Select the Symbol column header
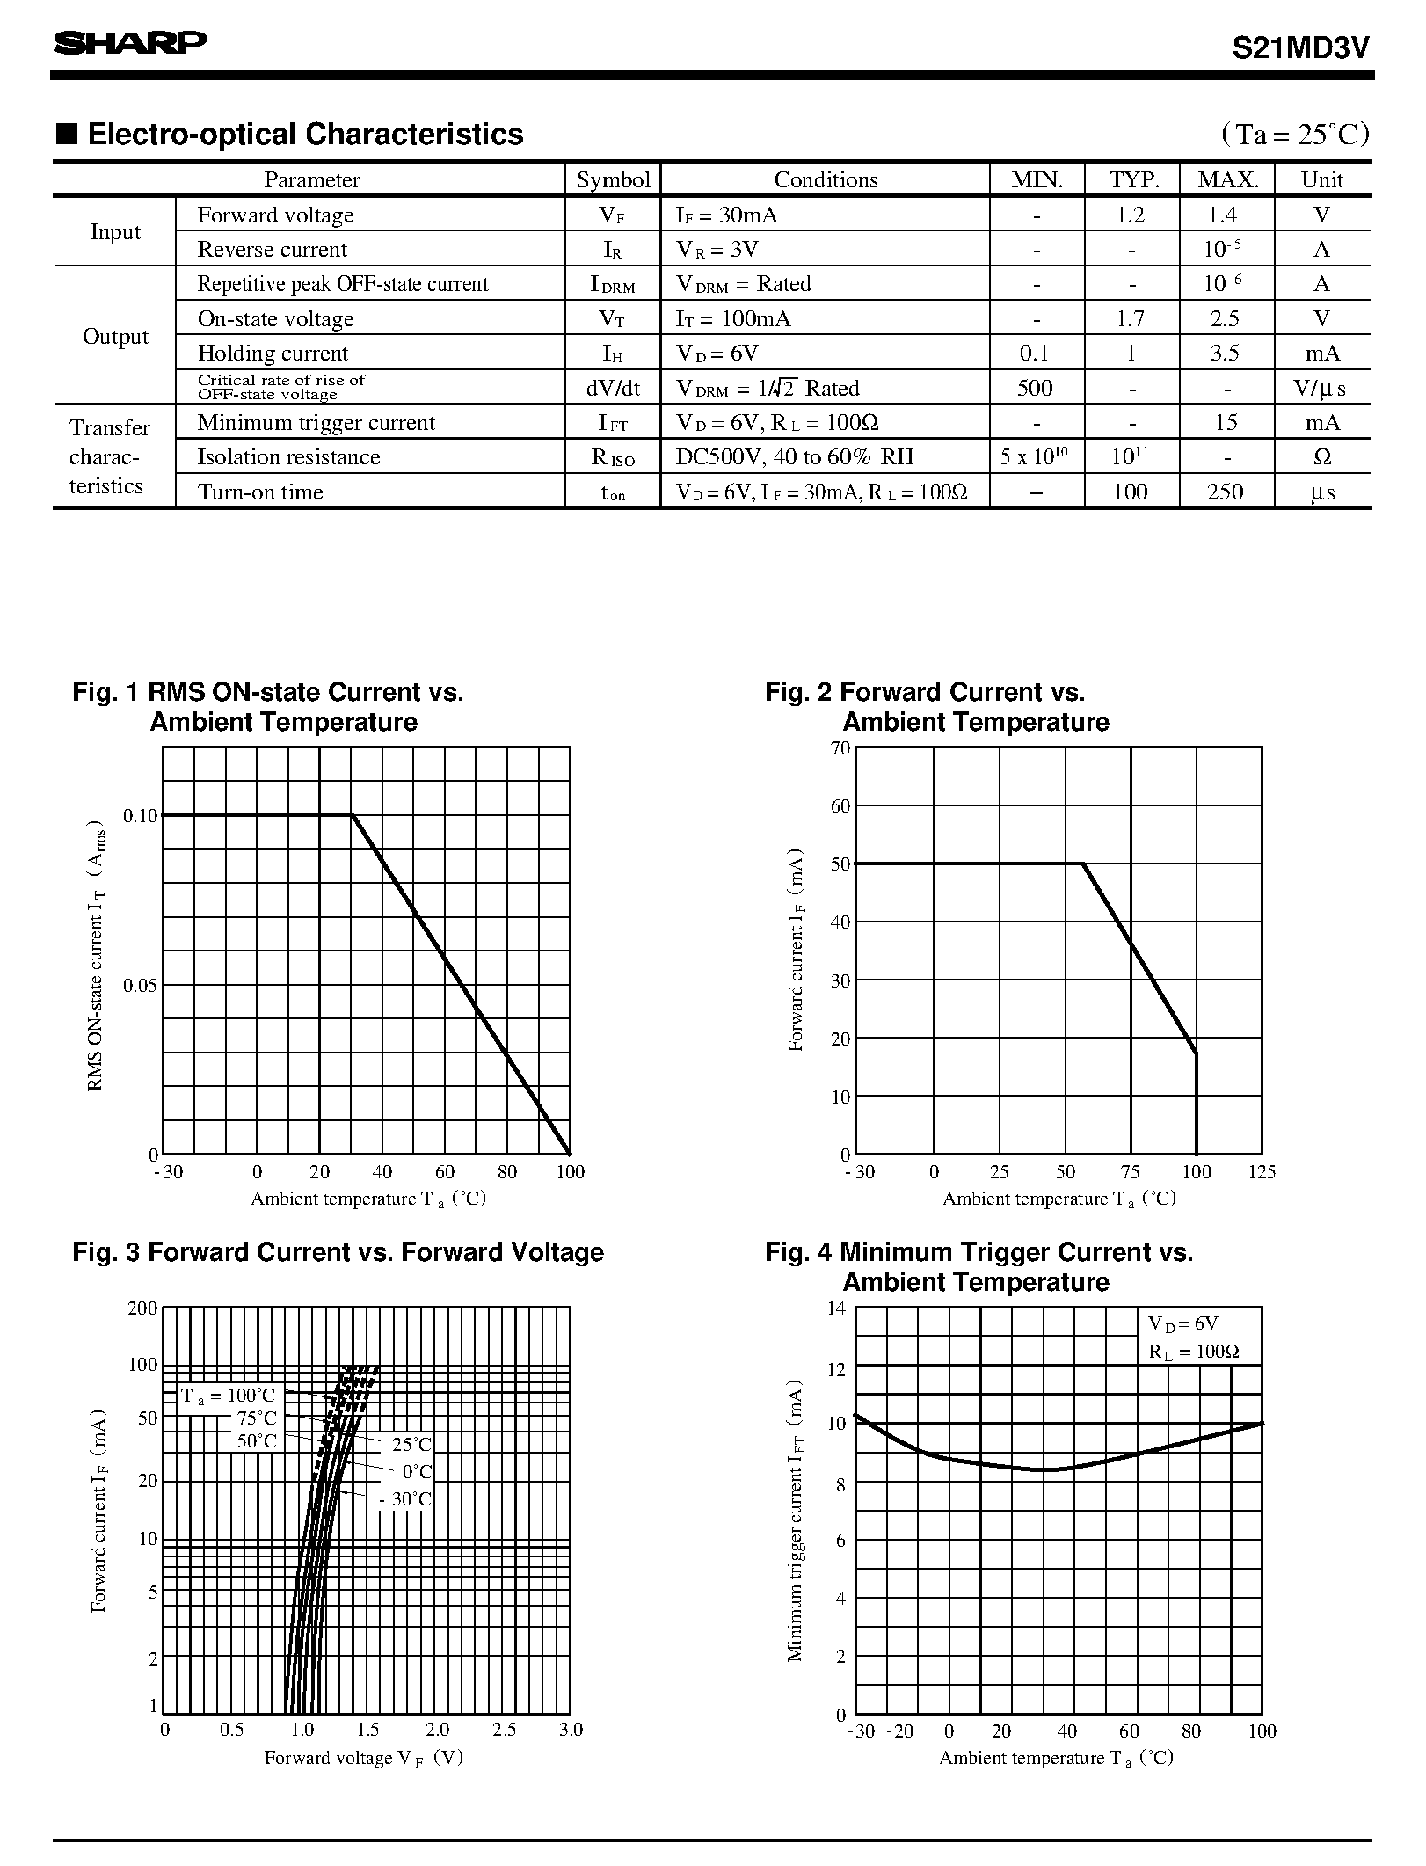[613, 180]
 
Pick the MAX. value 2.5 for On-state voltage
[1225, 318]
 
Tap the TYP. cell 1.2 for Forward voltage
[1131, 215]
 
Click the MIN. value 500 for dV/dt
[1035, 388]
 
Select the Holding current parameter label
[273, 354]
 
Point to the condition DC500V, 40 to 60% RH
[795, 457]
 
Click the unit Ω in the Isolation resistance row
[1321, 457]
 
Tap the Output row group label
[115, 337]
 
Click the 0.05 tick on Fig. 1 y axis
[141, 985]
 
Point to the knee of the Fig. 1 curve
[352, 815]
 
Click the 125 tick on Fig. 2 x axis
[1262, 1172]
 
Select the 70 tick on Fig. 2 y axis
[840, 748]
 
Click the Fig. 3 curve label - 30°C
[405, 1499]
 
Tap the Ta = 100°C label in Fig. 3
[229, 1396]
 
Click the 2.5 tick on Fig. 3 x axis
[504, 1730]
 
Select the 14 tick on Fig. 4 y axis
[836, 1308]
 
